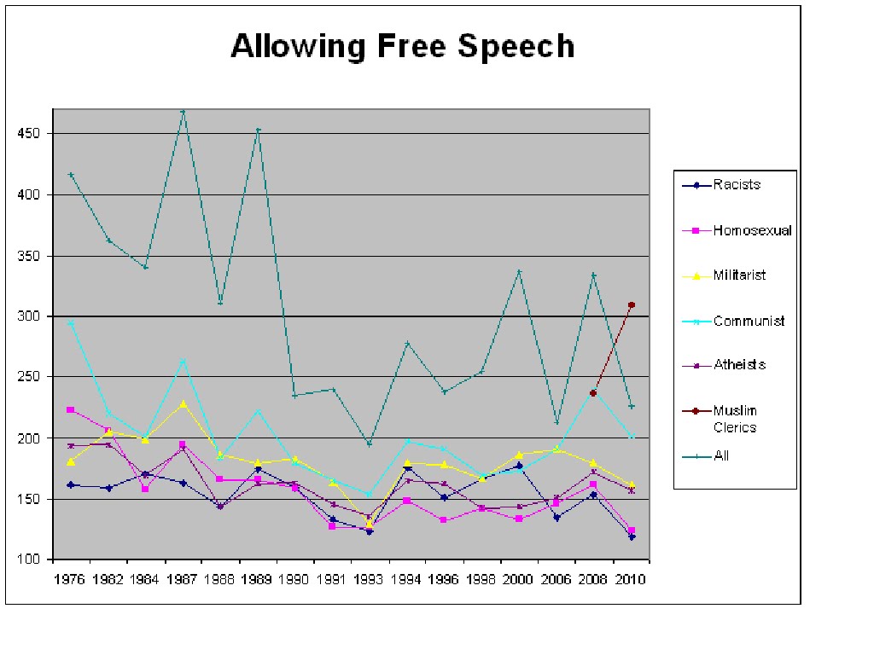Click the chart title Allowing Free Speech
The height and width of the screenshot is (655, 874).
click(x=402, y=46)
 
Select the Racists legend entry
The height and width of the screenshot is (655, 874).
click(x=737, y=185)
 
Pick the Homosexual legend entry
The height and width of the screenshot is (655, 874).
click(x=752, y=230)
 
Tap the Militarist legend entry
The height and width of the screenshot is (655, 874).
click(x=739, y=275)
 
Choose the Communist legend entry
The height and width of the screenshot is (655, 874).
click(x=749, y=322)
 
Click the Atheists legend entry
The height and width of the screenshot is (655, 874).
click(x=739, y=365)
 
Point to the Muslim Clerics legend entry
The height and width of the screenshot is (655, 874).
click(x=735, y=419)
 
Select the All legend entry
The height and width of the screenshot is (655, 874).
click(x=721, y=456)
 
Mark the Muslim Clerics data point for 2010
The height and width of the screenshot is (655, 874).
click(x=632, y=304)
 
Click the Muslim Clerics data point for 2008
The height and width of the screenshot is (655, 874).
click(x=594, y=393)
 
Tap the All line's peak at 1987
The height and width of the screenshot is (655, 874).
click(x=184, y=112)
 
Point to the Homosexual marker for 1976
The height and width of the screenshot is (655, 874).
click(x=71, y=410)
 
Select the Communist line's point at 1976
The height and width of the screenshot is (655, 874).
click(x=71, y=322)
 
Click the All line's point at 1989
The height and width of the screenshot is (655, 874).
click(x=258, y=130)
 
